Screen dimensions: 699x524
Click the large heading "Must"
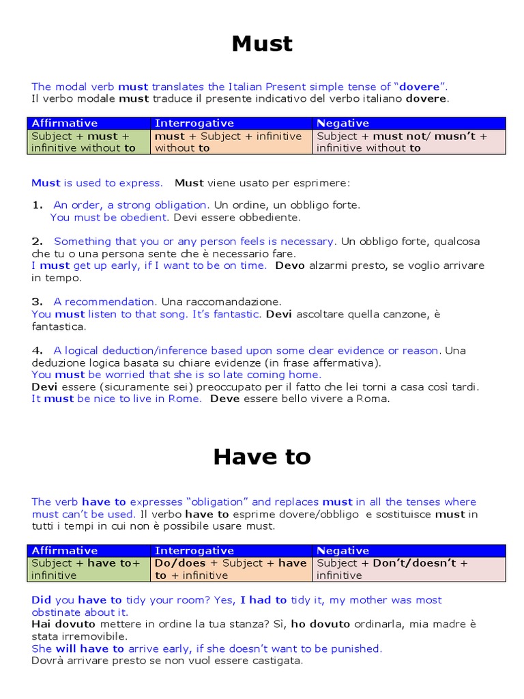click(x=262, y=44)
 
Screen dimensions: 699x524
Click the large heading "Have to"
click(x=262, y=457)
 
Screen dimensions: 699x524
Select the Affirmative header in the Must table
click(x=65, y=123)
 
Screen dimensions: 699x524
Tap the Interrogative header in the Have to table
click(x=194, y=550)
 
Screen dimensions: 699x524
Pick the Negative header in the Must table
click(x=343, y=123)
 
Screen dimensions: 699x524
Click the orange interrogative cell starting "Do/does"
click(x=231, y=569)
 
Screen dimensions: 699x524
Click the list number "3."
click(x=38, y=302)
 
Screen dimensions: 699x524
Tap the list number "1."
click(x=38, y=205)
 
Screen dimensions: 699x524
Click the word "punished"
click(x=356, y=648)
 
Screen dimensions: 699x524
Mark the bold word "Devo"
click(x=290, y=266)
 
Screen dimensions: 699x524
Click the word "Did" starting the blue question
click(x=41, y=600)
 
